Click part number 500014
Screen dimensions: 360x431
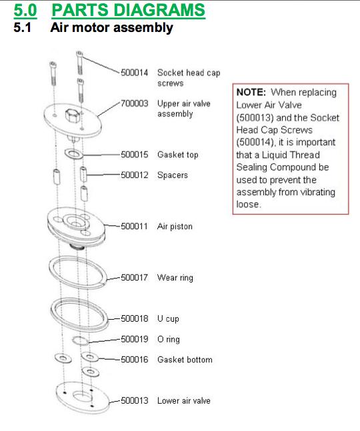(x=134, y=73)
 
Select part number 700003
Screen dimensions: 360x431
(x=134, y=103)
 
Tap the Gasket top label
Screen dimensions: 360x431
(x=177, y=155)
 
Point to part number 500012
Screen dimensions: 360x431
(x=134, y=175)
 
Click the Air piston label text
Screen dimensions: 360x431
(x=175, y=226)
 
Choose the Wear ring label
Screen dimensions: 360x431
(x=175, y=278)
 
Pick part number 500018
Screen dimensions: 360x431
(x=134, y=318)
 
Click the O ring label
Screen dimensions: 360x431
(x=168, y=340)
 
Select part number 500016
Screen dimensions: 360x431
(x=134, y=360)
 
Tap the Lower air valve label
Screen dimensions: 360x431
(x=184, y=400)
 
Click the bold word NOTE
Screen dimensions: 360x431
(x=251, y=92)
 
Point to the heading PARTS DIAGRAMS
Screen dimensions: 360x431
(x=128, y=10)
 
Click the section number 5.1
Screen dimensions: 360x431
(x=22, y=27)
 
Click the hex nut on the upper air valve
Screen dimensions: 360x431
(x=73, y=115)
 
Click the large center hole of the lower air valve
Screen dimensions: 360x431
(x=82, y=396)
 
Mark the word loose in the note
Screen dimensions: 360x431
(x=249, y=205)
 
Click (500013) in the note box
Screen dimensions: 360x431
(x=255, y=118)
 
